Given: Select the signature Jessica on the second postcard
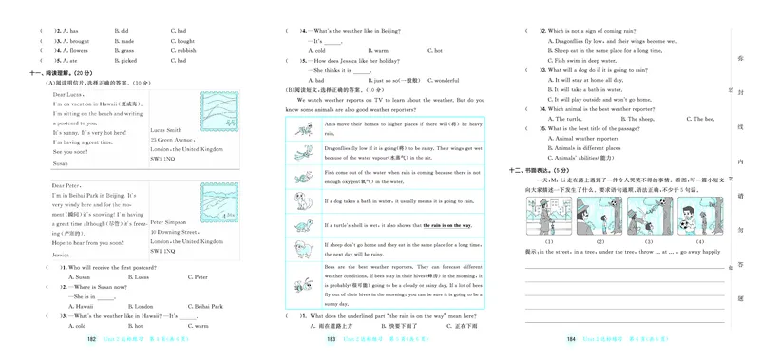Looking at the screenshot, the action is [x=63, y=256].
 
